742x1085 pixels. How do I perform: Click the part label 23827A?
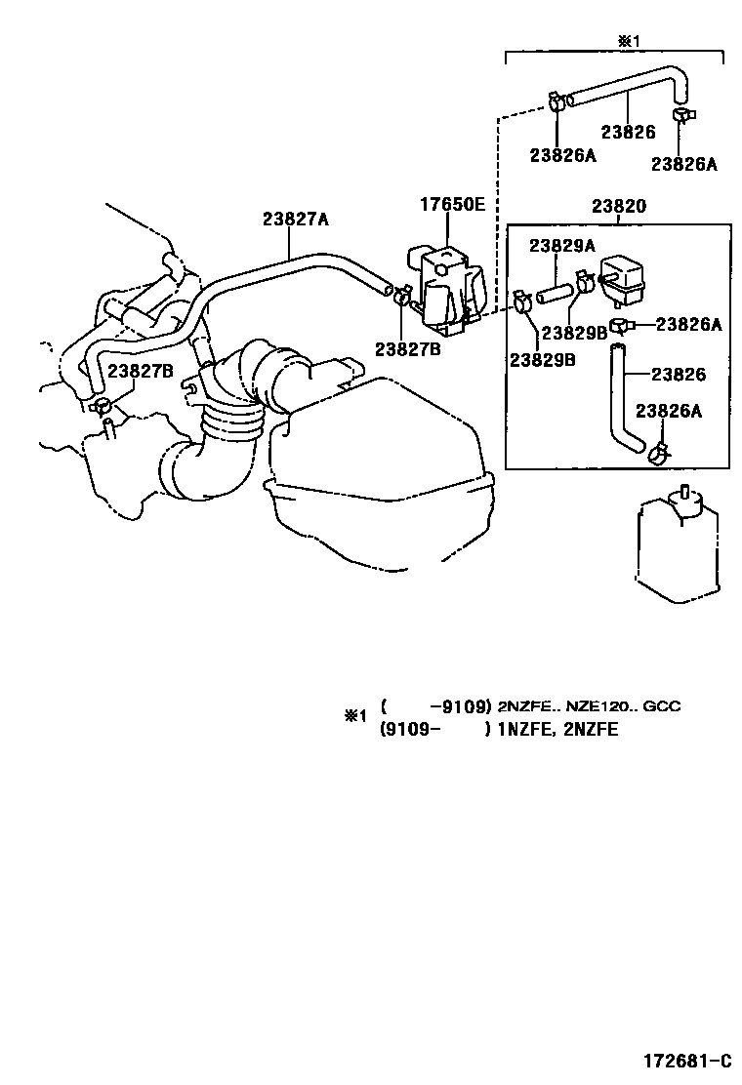[295, 220]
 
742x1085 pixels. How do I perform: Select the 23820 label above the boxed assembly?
[617, 208]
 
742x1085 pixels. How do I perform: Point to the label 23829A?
[562, 245]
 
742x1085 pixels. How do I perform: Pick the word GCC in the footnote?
[662, 706]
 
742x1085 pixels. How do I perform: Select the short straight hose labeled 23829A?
[555, 291]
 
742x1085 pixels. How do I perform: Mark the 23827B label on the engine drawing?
[141, 371]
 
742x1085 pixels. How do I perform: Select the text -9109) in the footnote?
[459, 706]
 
